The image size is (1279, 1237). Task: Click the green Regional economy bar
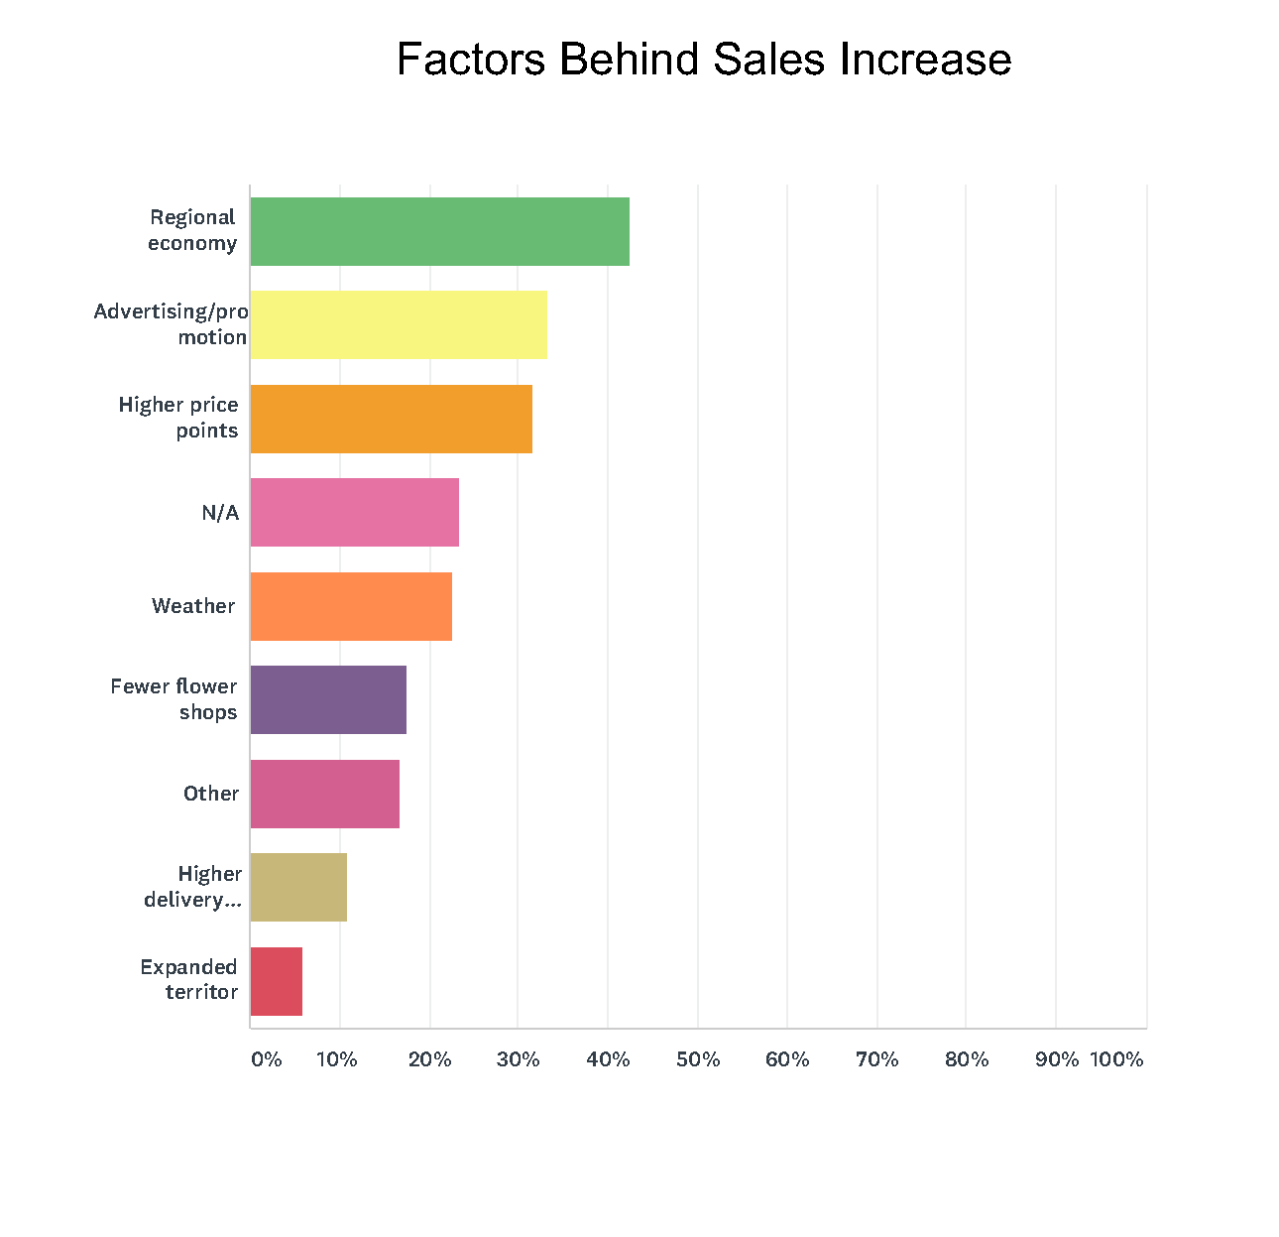439,231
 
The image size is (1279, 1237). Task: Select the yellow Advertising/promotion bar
399,324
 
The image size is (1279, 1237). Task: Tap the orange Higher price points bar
391,419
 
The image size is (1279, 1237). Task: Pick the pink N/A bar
354,512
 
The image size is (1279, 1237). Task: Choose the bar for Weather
351,606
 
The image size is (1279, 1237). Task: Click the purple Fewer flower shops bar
328,699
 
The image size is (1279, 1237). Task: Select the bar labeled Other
324,794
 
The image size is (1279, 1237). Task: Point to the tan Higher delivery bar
298,887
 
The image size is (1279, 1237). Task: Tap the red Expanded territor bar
276,981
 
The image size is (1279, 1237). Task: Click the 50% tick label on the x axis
698,1059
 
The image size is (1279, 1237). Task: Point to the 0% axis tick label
266,1059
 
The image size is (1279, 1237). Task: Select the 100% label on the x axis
1116,1059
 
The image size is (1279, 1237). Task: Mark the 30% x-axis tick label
518,1059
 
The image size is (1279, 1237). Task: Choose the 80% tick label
967,1059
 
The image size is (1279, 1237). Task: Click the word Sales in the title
770,60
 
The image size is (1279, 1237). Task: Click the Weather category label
193,606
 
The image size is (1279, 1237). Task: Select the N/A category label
220,513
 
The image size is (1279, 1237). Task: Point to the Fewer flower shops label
174,699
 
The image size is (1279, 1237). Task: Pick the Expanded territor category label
189,979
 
